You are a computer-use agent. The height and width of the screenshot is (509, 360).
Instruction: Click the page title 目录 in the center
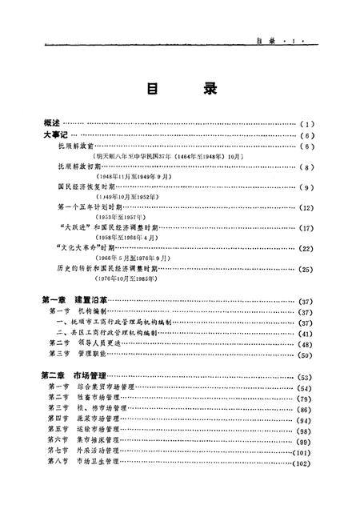(181, 89)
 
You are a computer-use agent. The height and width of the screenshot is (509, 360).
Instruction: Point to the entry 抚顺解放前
(78, 147)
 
